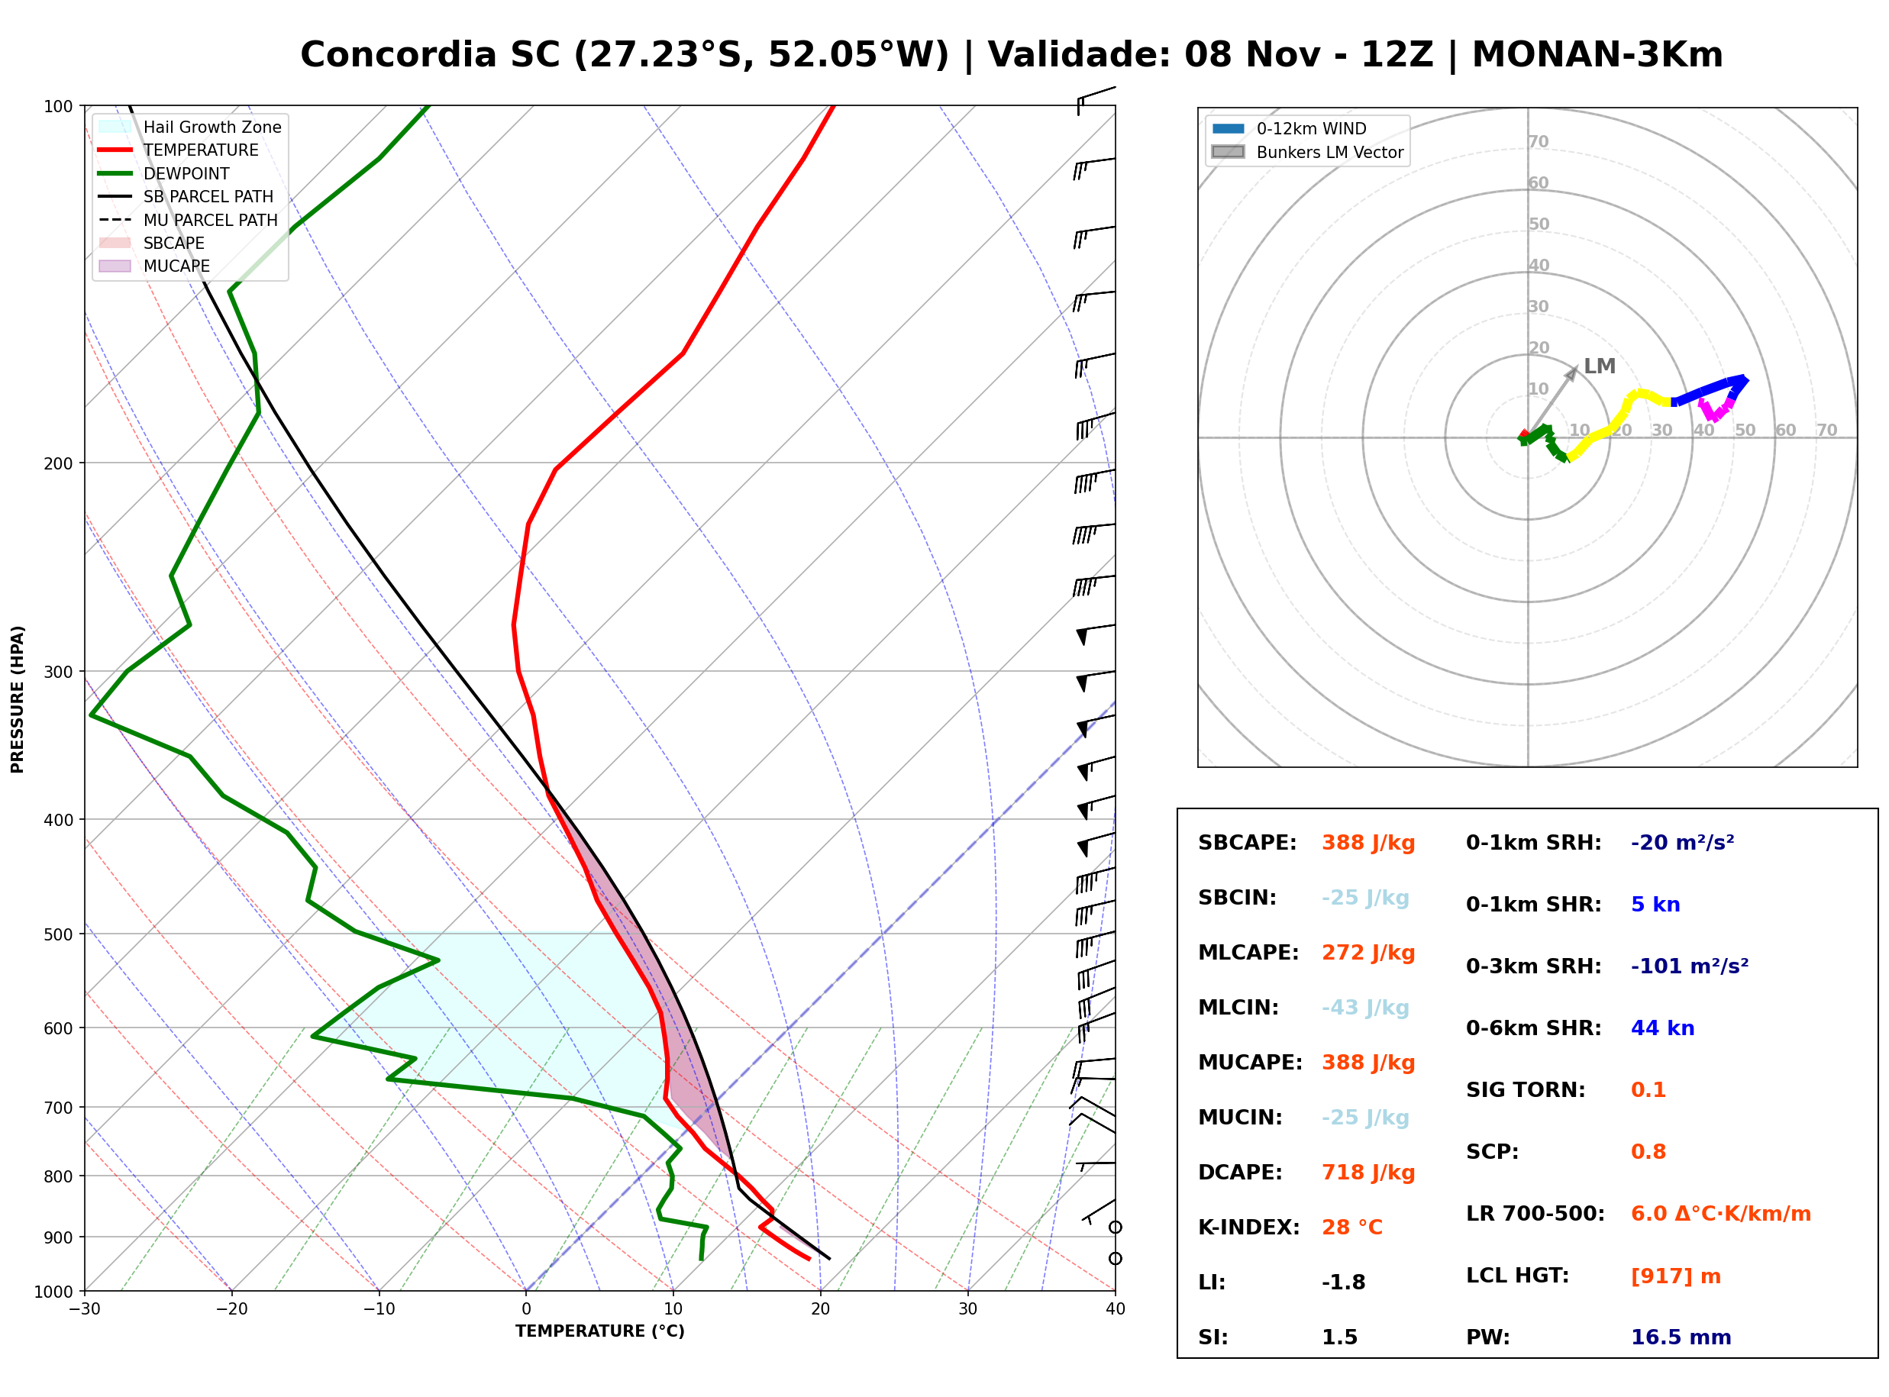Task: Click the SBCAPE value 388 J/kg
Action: [x=1368, y=843]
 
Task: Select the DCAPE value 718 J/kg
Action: [x=1368, y=1173]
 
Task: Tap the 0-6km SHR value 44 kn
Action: [x=1662, y=1028]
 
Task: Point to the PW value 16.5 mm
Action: [x=1681, y=1337]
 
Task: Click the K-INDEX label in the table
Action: [x=1249, y=1228]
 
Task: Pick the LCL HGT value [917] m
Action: [x=1676, y=1276]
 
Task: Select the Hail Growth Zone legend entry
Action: [x=190, y=127]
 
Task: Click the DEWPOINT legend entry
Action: [x=164, y=173]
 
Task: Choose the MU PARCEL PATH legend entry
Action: [x=188, y=220]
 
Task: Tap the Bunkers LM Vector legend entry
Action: [x=1307, y=152]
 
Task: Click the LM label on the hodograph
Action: [x=1599, y=366]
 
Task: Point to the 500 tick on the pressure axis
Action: [x=60, y=934]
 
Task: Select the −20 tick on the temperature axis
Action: [x=231, y=1309]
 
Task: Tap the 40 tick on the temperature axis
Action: [x=1116, y=1309]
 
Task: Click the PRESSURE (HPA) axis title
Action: [x=18, y=699]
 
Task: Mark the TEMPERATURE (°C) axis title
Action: [x=600, y=1331]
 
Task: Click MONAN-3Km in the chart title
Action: [x=1597, y=55]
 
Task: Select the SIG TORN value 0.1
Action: [x=1648, y=1090]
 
